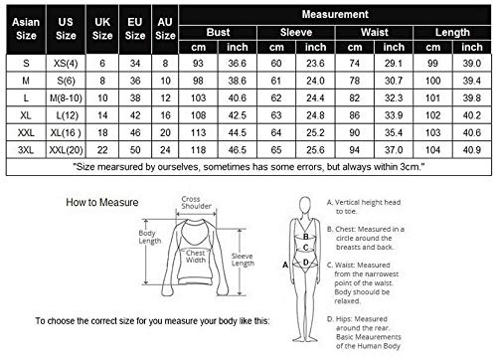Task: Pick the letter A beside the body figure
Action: [x=286, y=266]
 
